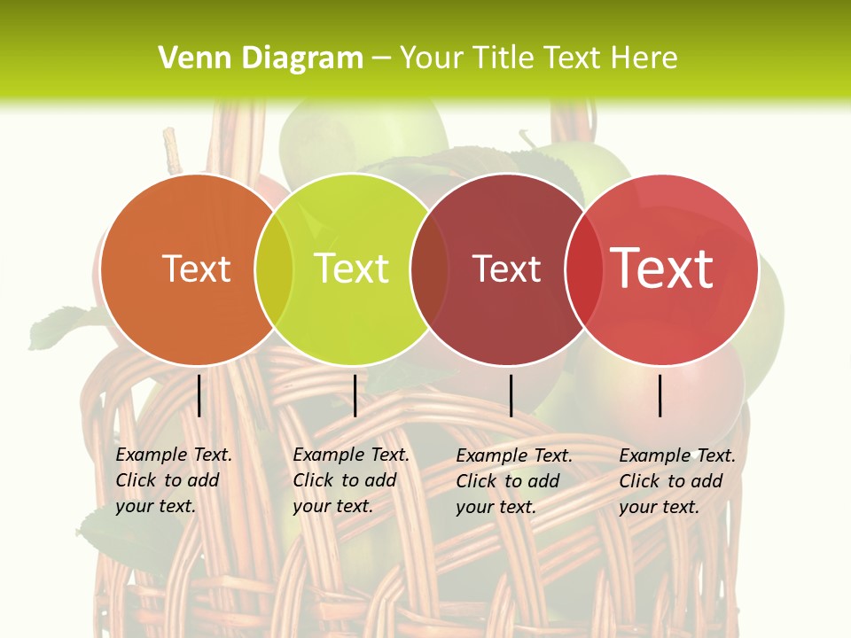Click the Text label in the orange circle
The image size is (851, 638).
pyautogui.click(x=196, y=268)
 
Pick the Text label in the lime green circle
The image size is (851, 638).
pyautogui.click(x=352, y=268)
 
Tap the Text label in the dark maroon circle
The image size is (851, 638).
pyautogui.click(x=506, y=268)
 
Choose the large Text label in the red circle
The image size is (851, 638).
pyautogui.click(x=662, y=268)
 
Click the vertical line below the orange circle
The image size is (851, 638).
pyautogui.click(x=199, y=395)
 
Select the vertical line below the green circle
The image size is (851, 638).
pyautogui.click(x=355, y=395)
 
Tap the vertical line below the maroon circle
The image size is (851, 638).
pyautogui.click(x=511, y=395)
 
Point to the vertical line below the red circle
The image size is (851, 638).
pyautogui.click(x=660, y=395)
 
